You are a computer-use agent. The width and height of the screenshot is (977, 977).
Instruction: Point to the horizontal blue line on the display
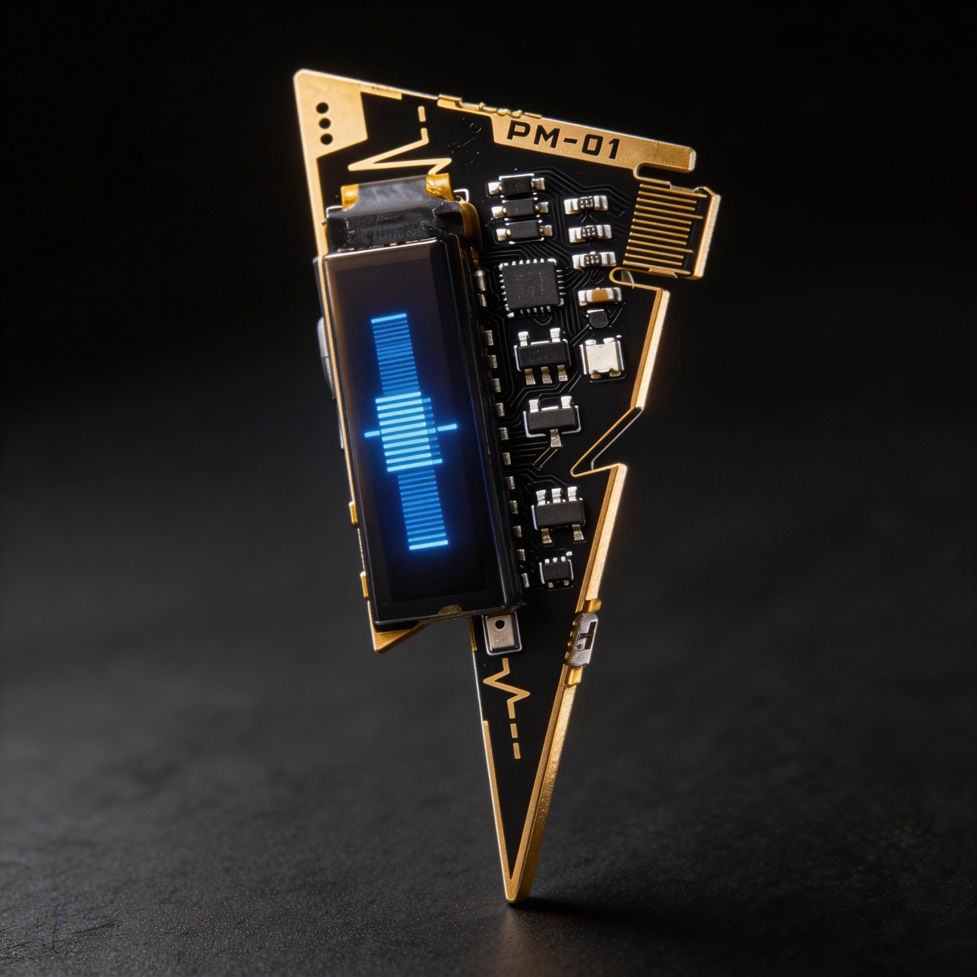click(411, 430)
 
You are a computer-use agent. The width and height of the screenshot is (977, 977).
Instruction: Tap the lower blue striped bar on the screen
click(423, 512)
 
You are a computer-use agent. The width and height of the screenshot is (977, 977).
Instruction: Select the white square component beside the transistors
click(601, 357)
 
